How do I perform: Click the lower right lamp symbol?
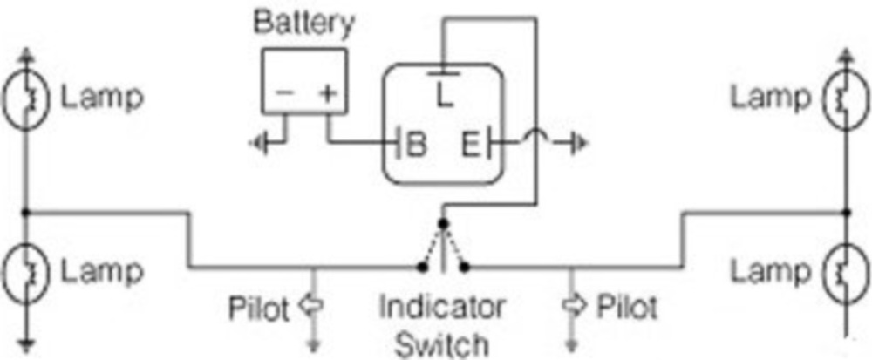tap(844, 272)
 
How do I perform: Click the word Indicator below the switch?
tap(441, 307)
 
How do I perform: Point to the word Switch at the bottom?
tap(441, 343)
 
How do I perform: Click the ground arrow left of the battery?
tap(259, 142)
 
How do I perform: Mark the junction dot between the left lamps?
tap(27, 212)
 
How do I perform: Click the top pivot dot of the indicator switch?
tap(443, 224)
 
